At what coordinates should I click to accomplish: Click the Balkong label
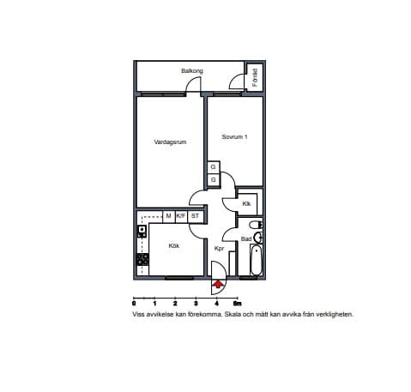pyautogui.click(x=192, y=71)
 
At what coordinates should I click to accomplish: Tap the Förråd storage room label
pyautogui.click(x=255, y=77)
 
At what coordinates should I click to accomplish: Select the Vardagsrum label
pyautogui.click(x=170, y=142)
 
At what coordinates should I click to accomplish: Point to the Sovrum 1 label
pyautogui.click(x=234, y=137)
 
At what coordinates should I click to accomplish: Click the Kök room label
pyautogui.click(x=174, y=246)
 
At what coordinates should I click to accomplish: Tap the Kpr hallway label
pyautogui.click(x=219, y=249)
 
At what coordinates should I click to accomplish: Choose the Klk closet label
pyautogui.click(x=246, y=204)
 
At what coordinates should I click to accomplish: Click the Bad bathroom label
pyautogui.click(x=246, y=239)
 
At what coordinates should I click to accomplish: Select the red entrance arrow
pyautogui.click(x=218, y=285)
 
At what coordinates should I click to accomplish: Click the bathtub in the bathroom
pyautogui.click(x=257, y=260)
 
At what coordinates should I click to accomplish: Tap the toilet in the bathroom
pyautogui.click(x=256, y=225)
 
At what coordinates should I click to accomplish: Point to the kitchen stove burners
pyautogui.click(x=142, y=260)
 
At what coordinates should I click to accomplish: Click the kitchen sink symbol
pyautogui.click(x=142, y=231)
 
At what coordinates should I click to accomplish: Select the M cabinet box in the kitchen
pyautogui.click(x=169, y=216)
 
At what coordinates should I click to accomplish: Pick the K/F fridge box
pyautogui.click(x=181, y=216)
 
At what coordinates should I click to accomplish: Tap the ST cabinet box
pyautogui.click(x=195, y=216)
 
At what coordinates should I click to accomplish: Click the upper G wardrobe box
pyautogui.click(x=214, y=166)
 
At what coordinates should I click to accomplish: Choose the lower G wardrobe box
pyautogui.click(x=214, y=180)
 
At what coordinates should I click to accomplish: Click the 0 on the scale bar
pyautogui.click(x=134, y=304)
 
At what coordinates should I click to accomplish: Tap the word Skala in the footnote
pyautogui.click(x=232, y=314)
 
